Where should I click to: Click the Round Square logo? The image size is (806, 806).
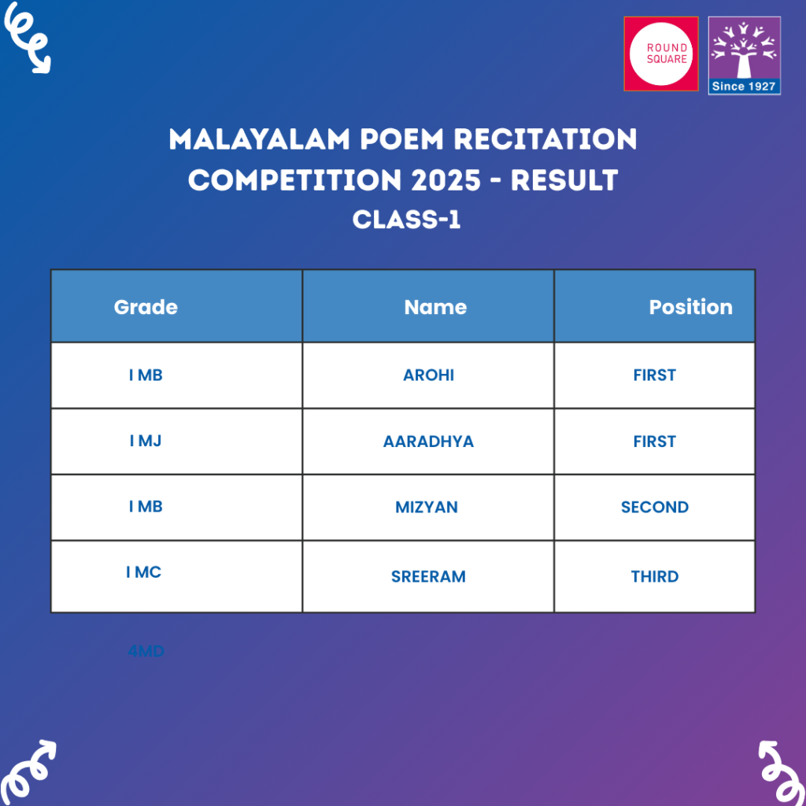coord(660,54)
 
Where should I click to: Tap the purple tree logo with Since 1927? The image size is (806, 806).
coord(744,55)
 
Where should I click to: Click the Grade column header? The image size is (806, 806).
coord(146,307)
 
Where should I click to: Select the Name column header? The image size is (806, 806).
coord(435,307)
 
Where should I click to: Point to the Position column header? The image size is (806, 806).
coord(690,307)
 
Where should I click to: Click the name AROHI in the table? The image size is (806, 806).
coord(428,375)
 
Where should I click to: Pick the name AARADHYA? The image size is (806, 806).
coord(428,442)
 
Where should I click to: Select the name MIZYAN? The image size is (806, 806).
coord(427,508)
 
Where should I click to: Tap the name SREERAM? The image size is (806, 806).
coord(428,577)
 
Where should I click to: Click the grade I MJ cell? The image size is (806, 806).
coord(146,441)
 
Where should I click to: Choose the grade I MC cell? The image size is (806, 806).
coord(144,573)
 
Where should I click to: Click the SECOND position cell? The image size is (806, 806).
coord(654,508)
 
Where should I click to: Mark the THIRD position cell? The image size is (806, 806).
coord(654,577)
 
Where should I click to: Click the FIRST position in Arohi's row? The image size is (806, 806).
coord(654,375)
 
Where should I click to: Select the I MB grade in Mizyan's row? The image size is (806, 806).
coord(146,507)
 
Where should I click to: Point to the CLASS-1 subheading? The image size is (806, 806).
coord(406,220)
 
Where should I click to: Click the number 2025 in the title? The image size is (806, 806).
coord(452,180)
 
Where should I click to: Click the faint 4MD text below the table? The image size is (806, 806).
coord(146,652)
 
